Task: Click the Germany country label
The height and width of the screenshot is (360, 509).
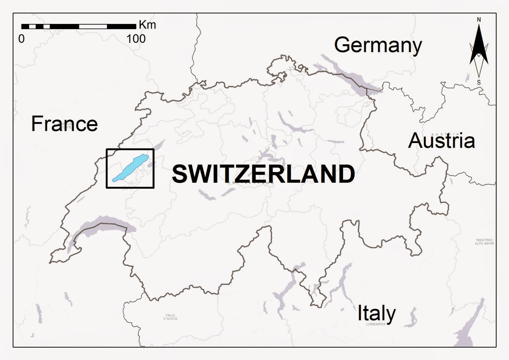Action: point(378,45)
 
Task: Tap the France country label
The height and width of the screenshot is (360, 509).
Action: point(64,124)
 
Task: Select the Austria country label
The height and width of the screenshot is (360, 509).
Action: point(441,141)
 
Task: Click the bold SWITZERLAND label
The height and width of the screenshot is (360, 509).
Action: point(263,174)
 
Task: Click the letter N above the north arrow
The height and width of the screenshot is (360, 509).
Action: point(479,20)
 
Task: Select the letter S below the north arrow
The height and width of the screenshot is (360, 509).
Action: point(479,82)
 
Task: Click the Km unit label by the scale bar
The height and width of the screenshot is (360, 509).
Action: point(147,25)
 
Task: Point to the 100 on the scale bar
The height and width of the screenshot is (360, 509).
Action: point(136,39)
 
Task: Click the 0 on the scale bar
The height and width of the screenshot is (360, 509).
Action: point(21,39)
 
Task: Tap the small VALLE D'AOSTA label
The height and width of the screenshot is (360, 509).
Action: point(170,317)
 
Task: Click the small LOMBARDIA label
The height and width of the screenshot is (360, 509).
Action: point(376,324)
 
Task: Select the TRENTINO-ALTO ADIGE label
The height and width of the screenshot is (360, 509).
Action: point(484,242)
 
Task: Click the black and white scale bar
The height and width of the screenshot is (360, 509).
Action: point(79,26)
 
